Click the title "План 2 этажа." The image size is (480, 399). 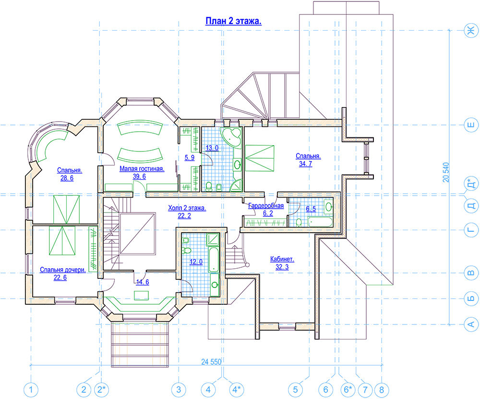tap(233, 21)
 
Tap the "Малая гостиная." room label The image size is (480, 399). tap(142, 169)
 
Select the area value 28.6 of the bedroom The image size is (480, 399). tap(67, 178)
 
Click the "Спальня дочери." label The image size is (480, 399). tap(63, 270)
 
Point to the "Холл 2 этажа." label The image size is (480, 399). tap(187, 208)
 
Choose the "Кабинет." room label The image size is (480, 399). tap(282, 259)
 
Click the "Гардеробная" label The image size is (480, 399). tap(266, 205)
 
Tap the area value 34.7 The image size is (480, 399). tap(305, 164)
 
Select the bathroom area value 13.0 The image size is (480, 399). tap(212, 148)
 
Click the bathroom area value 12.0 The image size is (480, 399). tap(196, 262)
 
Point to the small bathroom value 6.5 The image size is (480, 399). tap(311, 209)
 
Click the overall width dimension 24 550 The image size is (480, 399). tap(211, 362)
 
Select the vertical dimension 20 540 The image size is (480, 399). tap(446, 173)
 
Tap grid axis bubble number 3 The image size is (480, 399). tap(179, 390)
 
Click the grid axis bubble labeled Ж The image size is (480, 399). tap(471, 30)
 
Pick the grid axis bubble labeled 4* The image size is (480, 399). tap(236, 390)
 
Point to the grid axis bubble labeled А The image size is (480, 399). tap(471, 324)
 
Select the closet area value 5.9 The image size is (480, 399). tap(190, 158)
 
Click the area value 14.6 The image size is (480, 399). tap(143, 282)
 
